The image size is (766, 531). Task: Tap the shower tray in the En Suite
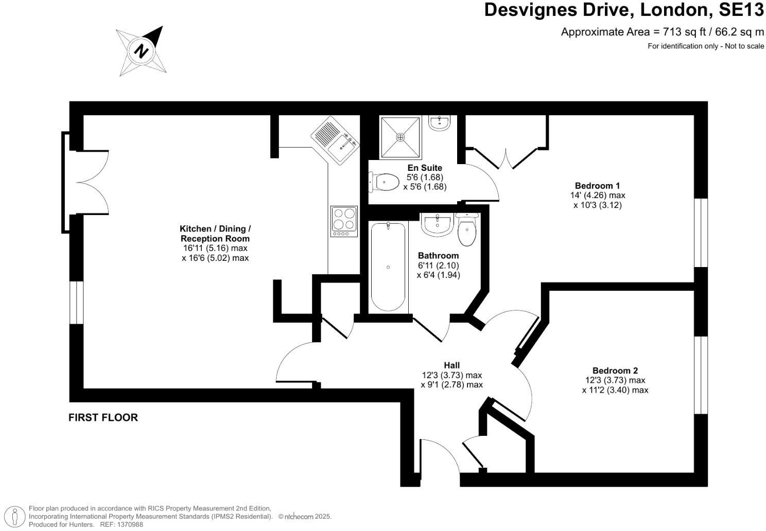tap(400, 137)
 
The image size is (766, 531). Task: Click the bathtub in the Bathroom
tap(388, 267)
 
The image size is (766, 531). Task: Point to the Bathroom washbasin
tap(437, 224)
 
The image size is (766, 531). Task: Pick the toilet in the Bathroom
tap(467, 232)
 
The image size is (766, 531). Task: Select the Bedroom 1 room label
tap(597, 186)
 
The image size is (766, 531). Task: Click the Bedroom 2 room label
tap(615, 370)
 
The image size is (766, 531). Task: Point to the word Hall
tap(451, 365)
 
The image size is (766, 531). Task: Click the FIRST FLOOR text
tap(103, 417)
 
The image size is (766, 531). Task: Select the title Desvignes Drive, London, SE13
tap(624, 10)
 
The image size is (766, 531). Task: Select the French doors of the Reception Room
tap(88, 182)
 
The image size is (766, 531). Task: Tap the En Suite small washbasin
tap(439, 122)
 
